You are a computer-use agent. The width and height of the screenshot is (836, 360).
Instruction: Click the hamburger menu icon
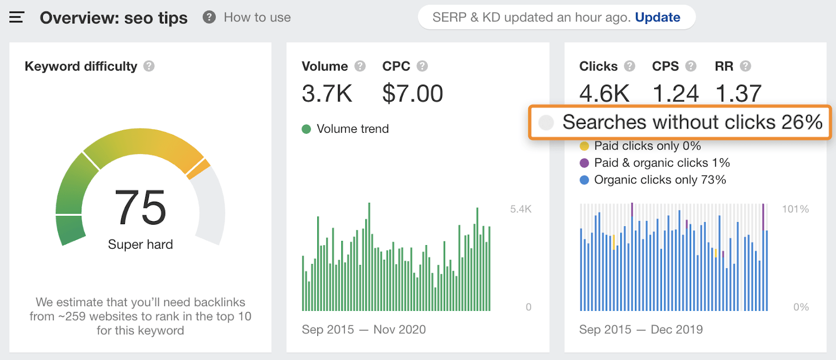(x=17, y=18)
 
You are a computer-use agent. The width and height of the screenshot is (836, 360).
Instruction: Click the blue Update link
(x=657, y=17)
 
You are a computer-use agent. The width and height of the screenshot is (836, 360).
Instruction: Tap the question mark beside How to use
(x=209, y=17)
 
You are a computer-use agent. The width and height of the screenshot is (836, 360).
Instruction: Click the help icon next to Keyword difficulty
(x=149, y=66)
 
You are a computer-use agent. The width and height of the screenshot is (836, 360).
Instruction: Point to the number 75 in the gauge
(x=140, y=207)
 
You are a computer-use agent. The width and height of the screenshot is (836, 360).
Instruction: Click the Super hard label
(x=140, y=245)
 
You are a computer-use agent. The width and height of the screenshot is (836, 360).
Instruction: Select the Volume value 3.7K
(x=327, y=94)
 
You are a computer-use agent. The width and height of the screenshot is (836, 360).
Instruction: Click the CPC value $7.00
(x=412, y=94)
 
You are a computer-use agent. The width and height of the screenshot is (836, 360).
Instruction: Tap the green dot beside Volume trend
(x=306, y=129)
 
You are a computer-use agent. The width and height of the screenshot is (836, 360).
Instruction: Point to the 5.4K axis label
(x=520, y=209)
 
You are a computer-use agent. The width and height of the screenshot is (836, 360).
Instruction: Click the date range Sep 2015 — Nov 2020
(x=364, y=330)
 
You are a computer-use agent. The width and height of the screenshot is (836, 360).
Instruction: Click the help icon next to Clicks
(x=630, y=66)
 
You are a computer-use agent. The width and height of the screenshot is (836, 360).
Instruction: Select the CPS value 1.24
(x=676, y=94)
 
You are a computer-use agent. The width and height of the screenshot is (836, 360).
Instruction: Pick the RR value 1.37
(x=738, y=94)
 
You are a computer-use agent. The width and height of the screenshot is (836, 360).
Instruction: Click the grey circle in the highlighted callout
(x=546, y=122)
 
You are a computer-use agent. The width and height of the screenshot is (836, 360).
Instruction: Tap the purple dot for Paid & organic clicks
(x=584, y=163)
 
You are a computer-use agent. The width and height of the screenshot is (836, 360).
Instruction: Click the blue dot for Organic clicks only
(x=584, y=180)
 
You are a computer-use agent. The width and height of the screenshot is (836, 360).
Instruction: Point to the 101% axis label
(x=795, y=209)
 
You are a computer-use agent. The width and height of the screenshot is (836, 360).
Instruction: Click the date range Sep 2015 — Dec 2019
(x=641, y=330)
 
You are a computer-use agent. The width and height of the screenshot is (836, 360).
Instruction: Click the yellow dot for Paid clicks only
(x=584, y=146)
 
